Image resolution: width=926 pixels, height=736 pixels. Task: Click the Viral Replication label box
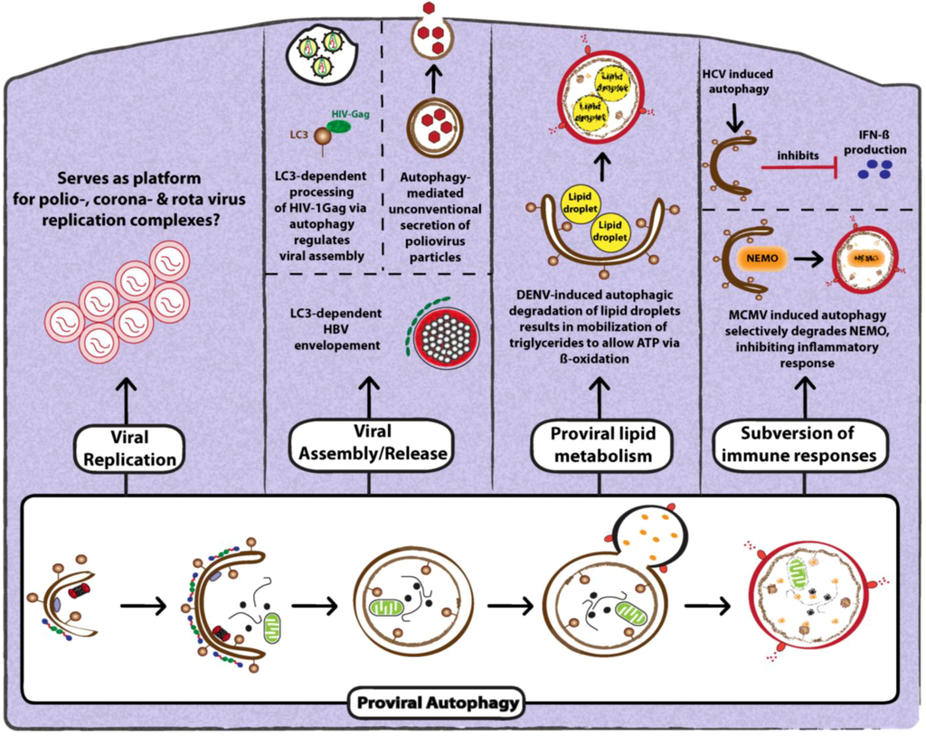[125, 448]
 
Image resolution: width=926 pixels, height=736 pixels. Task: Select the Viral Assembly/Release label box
[369, 444]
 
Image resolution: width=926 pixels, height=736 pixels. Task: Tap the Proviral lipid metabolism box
[600, 444]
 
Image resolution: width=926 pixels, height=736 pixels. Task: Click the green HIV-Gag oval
[339, 126]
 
